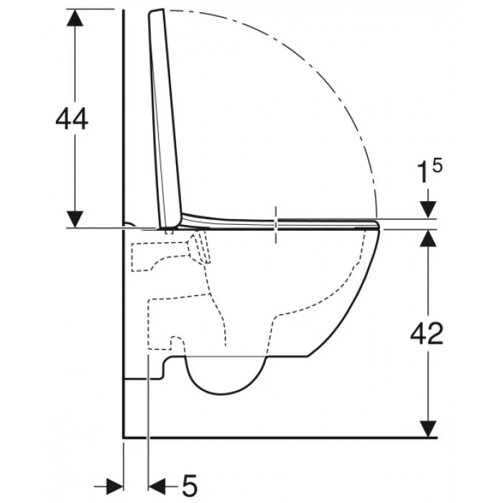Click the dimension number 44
point(72,119)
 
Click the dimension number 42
point(427,333)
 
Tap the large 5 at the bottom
point(189,484)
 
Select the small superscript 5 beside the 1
point(437,166)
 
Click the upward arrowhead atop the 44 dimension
point(75,17)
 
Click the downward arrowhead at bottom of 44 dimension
point(75,219)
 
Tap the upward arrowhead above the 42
point(428,239)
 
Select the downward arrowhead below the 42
point(428,429)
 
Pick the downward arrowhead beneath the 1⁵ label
point(428,210)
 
